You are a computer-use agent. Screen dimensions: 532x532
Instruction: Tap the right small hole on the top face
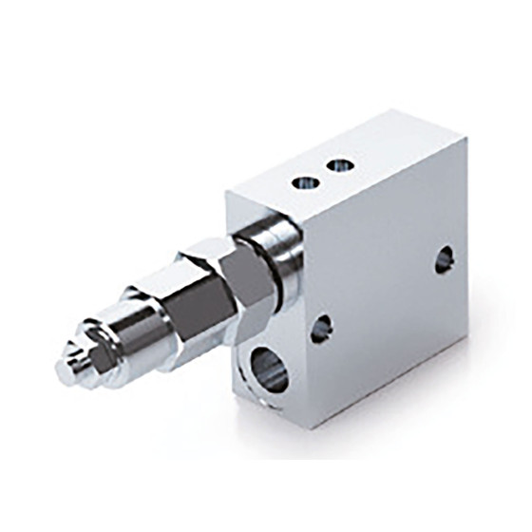[x=340, y=165]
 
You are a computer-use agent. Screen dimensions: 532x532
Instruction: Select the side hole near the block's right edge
[x=445, y=259]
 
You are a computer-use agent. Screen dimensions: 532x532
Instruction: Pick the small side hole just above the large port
[x=321, y=328]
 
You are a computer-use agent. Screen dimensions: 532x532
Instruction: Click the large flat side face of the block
[x=389, y=285]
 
